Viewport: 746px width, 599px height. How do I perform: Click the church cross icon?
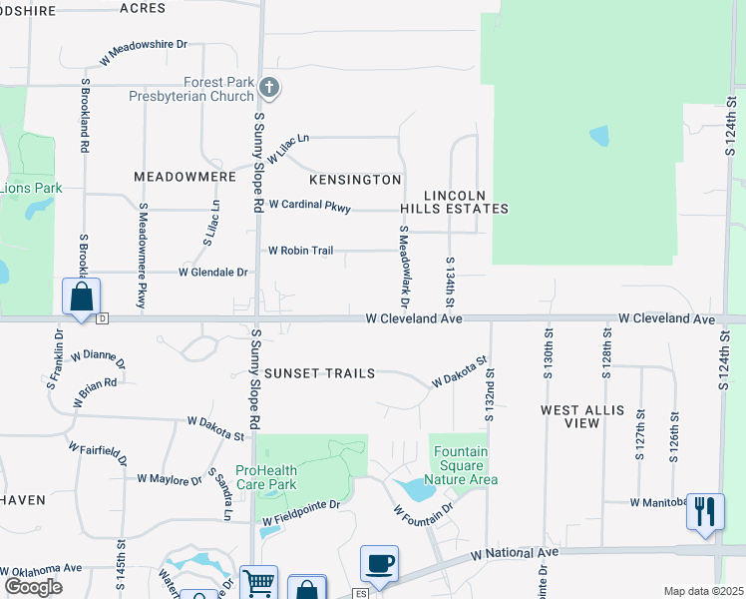coord(268,89)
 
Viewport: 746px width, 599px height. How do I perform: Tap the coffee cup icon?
coord(380,563)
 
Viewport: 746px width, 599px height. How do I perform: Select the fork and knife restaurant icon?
coord(705,511)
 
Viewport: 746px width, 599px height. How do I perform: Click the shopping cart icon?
coord(258,582)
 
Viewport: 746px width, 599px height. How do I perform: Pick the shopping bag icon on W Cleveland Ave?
coord(81,296)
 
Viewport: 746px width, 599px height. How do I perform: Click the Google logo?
coord(33,587)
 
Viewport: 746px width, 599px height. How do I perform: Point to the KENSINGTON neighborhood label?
coord(355,180)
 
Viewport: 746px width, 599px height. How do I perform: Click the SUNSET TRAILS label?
coord(319,373)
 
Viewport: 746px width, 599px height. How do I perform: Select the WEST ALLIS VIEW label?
coord(583,416)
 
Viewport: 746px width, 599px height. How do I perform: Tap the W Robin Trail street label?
coord(300,251)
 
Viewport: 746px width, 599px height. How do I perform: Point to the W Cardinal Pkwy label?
coord(309,206)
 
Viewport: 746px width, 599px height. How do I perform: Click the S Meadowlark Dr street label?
coord(405,265)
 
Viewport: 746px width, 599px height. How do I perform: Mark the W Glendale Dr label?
coord(212,272)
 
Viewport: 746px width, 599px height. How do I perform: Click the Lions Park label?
coord(30,188)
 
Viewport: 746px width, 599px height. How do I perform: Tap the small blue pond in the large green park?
coord(598,136)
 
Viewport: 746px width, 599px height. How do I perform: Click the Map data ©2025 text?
coord(702,591)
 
